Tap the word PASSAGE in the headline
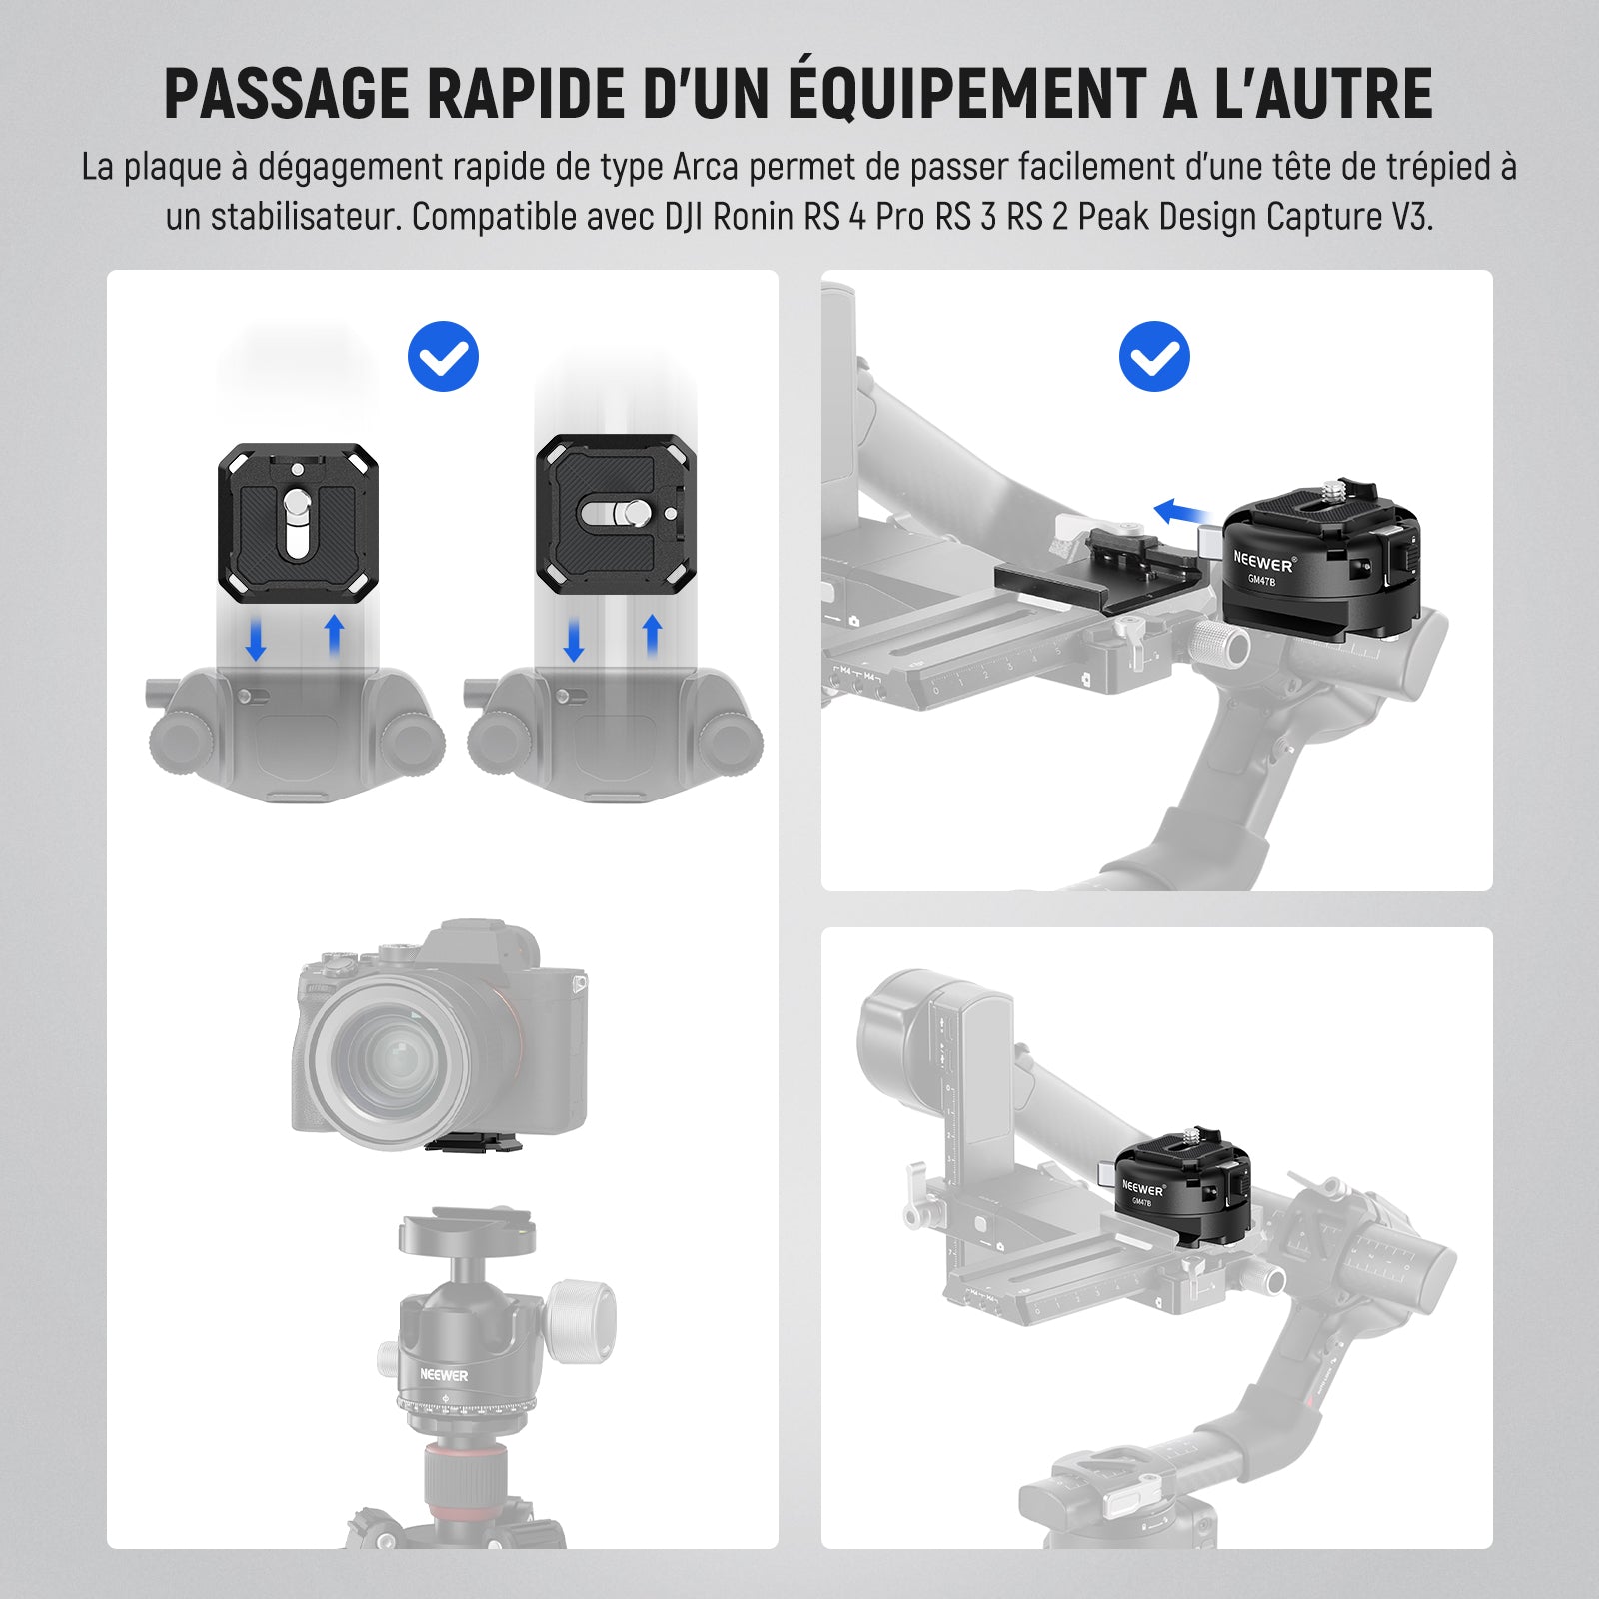288,94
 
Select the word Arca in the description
706,167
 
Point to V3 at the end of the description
1411,217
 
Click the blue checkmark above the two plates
443,357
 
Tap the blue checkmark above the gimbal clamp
1154,357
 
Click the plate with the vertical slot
298,523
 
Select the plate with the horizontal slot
616,515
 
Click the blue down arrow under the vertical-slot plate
256,640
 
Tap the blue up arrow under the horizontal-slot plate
652,636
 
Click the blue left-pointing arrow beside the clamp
1184,513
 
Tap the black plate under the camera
475,1143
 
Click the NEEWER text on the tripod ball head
444,1375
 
